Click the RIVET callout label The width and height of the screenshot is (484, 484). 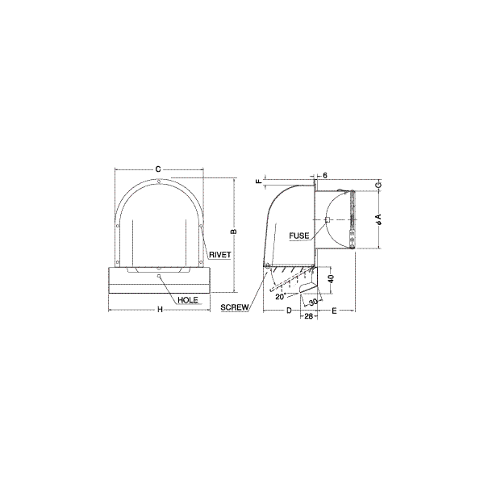click(219, 255)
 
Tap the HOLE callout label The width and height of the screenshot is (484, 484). click(188, 300)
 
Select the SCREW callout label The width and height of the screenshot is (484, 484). click(234, 307)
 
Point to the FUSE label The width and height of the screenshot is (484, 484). click(298, 236)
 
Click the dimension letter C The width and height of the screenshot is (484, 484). click(158, 169)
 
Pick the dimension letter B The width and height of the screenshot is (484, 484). click(234, 232)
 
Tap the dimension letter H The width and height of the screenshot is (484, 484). click(160, 310)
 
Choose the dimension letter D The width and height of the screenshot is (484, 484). click(289, 311)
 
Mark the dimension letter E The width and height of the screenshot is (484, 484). click(334, 311)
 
